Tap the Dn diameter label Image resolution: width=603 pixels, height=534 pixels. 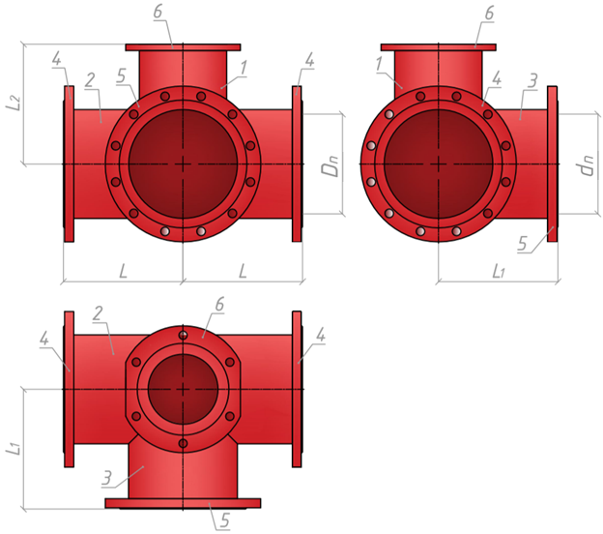pos(331,165)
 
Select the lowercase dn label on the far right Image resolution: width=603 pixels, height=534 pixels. pos(587,165)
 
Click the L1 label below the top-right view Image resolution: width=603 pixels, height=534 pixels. pos(499,272)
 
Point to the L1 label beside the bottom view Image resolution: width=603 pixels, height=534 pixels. pos(14,447)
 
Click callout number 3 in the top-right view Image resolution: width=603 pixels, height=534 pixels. pos(531,81)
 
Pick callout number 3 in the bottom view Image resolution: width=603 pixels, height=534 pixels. pos(107,478)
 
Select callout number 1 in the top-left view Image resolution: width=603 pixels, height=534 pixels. pos(243,68)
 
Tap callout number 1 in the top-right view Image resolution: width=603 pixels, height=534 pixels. pos(380,64)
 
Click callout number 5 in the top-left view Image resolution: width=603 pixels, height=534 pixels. pos(121,75)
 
